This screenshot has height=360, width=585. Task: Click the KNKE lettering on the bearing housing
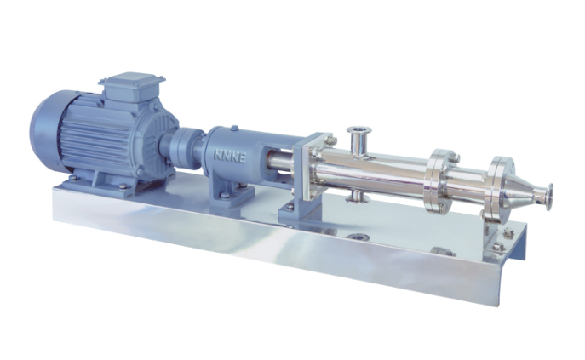(229, 157)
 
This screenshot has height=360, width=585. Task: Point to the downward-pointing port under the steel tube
(358, 197)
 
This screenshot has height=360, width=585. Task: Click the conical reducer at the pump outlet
(521, 191)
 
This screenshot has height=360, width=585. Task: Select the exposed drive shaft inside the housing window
(280, 160)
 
